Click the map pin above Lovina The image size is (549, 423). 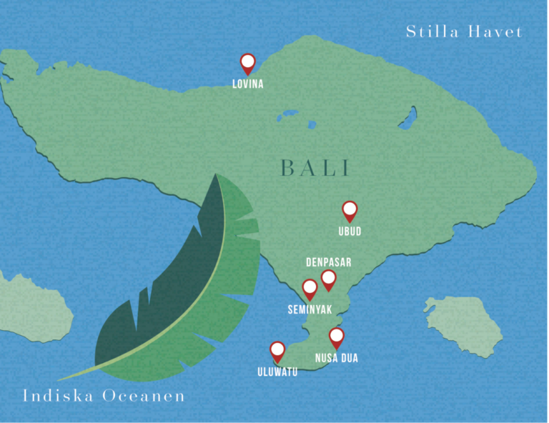click(x=248, y=64)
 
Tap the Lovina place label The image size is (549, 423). click(x=248, y=84)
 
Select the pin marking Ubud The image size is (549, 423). click(x=350, y=211)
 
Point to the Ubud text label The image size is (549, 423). click(x=350, y=232)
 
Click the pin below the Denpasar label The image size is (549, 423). click(x=328, y=279)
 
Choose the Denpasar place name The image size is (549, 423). click(x=328, y=262)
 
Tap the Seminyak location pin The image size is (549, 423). click(x=310, y=289)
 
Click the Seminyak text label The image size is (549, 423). click(x=309, y=309)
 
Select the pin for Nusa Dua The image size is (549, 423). click(x=336, y=337)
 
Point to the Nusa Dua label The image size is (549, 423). click(x=336, y=358)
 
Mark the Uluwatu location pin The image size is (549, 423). click(x=277, y=351)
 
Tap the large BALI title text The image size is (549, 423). click(x=315, y=169)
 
